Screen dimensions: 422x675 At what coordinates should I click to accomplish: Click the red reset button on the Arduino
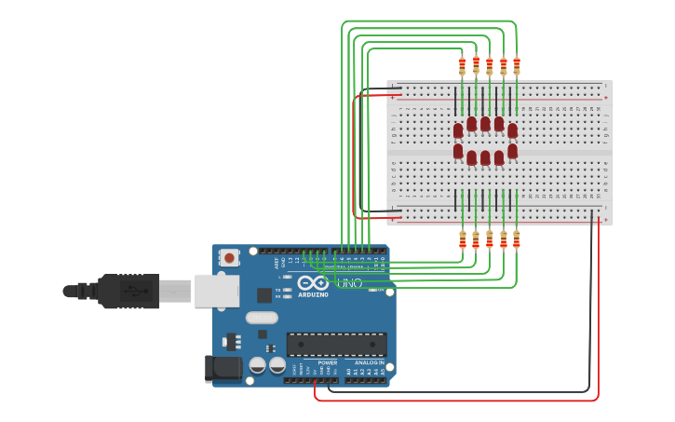pos(229,256)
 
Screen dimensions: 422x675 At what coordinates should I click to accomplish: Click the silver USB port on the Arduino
pos(216,291)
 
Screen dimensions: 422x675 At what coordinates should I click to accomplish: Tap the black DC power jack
pos(223,368)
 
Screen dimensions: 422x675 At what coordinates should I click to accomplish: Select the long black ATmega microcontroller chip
pos(336,344)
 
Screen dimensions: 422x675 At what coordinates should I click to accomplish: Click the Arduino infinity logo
pos(313,282)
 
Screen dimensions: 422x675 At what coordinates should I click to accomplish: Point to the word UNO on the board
pos(349,283)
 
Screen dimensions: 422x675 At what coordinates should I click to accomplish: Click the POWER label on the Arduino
pos(327,362)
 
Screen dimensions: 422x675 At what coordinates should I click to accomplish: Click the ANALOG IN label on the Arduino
pos(370,362)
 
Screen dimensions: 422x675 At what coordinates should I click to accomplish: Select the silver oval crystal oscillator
pos(262,317)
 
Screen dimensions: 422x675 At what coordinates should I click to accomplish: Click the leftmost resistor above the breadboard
pos(462,66)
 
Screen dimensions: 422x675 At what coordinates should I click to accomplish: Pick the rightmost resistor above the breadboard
pos(517,66)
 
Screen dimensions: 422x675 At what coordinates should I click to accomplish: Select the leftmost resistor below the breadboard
pos(462,239)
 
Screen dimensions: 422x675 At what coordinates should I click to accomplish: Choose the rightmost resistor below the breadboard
pos(517,239)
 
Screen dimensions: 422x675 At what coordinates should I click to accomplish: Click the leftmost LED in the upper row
pos(458,130)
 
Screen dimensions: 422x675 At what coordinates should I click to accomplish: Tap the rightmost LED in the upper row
pos(512,130)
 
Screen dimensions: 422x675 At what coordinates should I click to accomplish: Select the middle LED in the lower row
pos(485,157)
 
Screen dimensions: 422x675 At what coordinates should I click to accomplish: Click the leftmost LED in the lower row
pos(458,151)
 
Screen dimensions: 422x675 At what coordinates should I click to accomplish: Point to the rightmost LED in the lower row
pos(512,151)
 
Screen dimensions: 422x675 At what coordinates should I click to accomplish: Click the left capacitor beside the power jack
pos(257,365)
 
